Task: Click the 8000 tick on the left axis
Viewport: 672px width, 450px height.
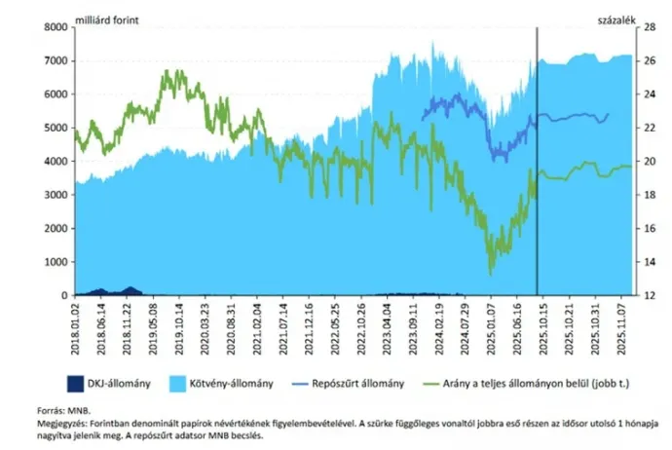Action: click(x=56, y=27)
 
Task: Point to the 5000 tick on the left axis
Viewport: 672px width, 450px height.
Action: click(x=56, y=128)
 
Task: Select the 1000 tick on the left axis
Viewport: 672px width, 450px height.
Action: click(x=56, y=262)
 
